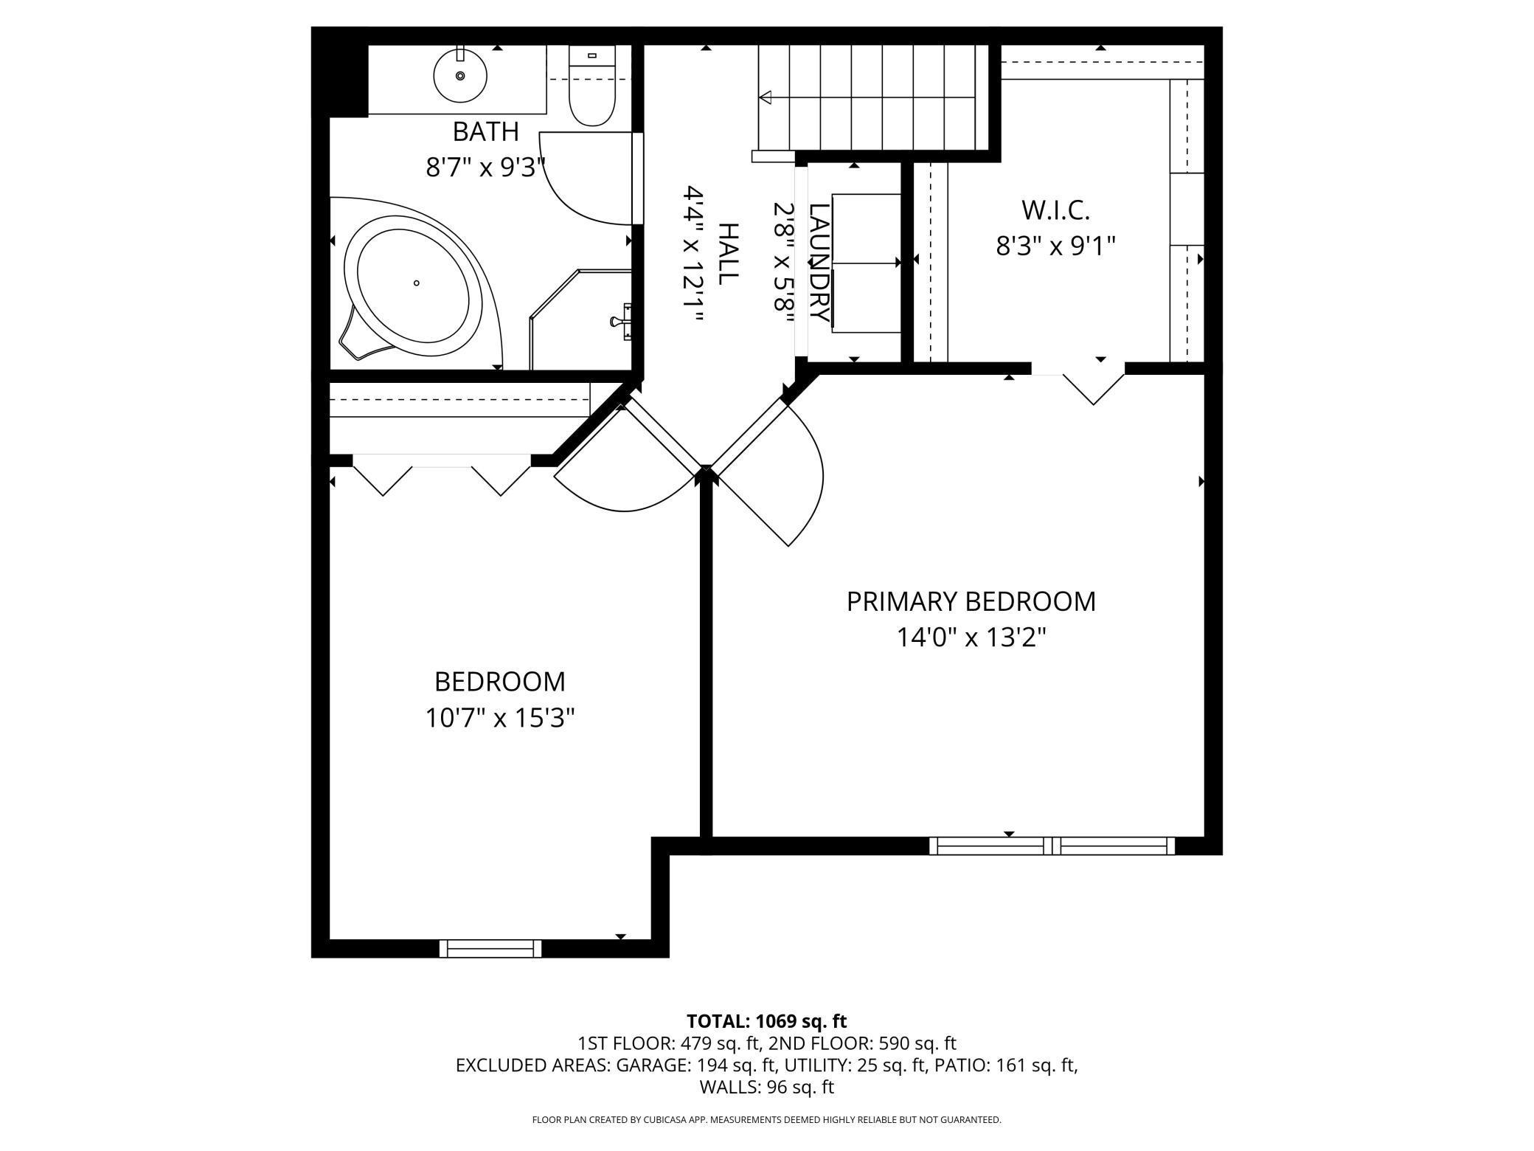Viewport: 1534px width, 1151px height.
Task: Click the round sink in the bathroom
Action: click(460, 75)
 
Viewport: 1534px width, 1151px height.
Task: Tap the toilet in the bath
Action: click(591, 86)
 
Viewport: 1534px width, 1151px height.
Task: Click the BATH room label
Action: click(485, 131)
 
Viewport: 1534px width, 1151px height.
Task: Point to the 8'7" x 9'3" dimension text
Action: click(485, 167)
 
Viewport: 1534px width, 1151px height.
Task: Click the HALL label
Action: click(727, 254)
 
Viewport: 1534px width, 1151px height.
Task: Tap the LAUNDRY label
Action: click(819, 262)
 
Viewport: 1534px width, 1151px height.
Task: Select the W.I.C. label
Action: click(1055, 210)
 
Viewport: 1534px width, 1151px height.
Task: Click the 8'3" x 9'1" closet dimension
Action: click(1055, 246)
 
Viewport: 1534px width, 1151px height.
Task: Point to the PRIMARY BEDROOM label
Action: click(971, 601)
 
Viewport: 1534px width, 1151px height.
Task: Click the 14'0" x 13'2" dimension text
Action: click(971, 637)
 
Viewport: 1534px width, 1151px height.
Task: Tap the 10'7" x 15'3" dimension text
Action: click(499, 717)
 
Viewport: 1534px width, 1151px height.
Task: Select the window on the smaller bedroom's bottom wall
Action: click(490, 948)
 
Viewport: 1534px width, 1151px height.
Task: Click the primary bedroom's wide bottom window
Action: click(1052, 846)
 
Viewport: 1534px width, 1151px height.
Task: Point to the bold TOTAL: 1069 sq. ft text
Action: click(766, 1021)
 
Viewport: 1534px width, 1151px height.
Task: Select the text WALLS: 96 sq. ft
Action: click(766, 1087)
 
